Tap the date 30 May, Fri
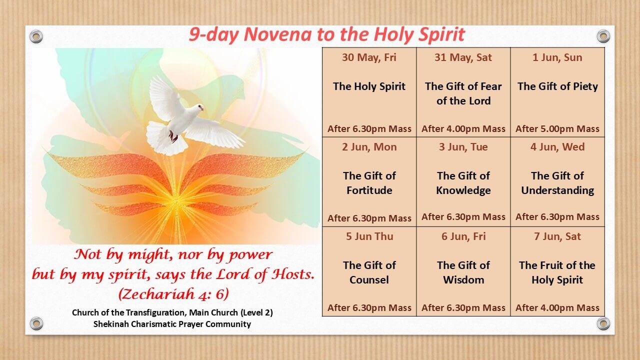[369, 57]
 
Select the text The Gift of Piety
[557, 86]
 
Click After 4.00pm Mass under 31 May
[463, 129]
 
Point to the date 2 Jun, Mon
[369, 147]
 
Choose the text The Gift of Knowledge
[463, 183]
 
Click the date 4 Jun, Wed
[557, 147]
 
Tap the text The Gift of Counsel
[369, 272]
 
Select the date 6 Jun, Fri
[463, 236]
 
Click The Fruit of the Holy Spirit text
[557, 272]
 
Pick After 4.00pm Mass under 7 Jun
[557, 308]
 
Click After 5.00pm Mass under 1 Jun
[557, 129]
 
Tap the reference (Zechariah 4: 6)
[173, 293]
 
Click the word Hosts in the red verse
[292, 275]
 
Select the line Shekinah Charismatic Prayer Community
[172, 324]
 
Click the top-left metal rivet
[36, 36]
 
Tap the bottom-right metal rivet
[603, 323]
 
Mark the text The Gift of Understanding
[557, 183]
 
